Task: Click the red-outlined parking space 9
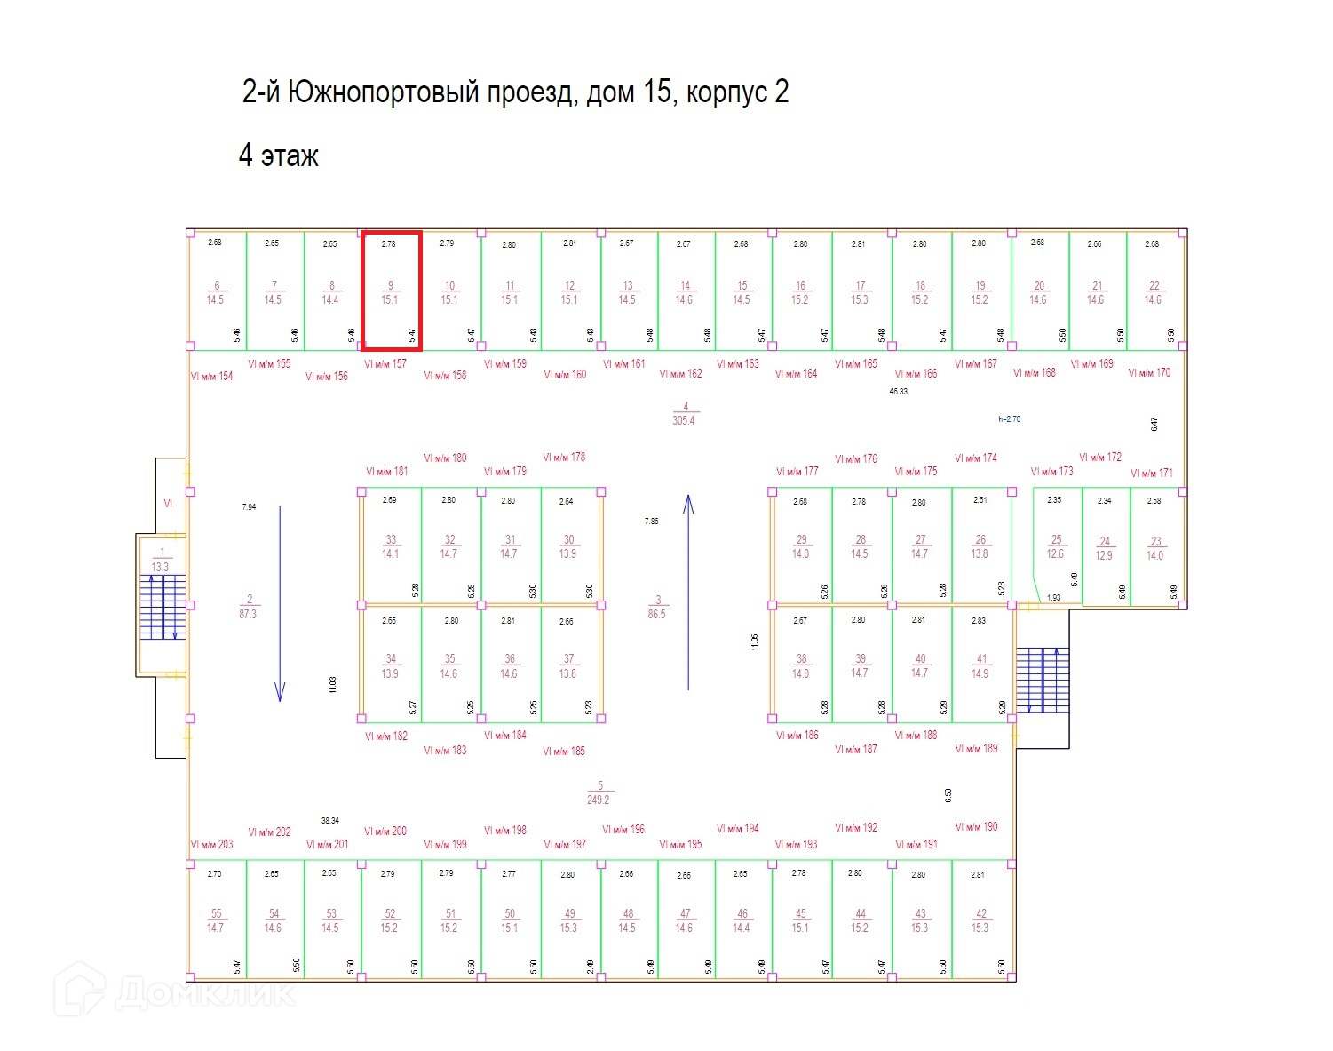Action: (391, 291)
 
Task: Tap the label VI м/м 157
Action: (385, 364)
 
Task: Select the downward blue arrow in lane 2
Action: (280, 604)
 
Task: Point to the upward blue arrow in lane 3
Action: (688, 593)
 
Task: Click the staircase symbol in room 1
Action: (163, 608)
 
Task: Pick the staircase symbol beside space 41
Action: (1043, 680)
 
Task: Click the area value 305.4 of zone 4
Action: (684, 420)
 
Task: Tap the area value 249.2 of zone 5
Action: (599, 800)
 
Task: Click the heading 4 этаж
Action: (278, 156)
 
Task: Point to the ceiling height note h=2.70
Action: (1010, 418)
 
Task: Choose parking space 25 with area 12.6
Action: (1055, 546)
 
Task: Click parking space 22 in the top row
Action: (1154, 292)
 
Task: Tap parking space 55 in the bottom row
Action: (216, 920)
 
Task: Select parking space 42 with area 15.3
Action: (980, 920)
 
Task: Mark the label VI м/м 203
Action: (212, 845)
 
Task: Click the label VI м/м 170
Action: (1150, 373)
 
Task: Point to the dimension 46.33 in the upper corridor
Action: (899, 391)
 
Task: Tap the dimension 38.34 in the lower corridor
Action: (330, 821)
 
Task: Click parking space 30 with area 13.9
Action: (568, 546)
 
